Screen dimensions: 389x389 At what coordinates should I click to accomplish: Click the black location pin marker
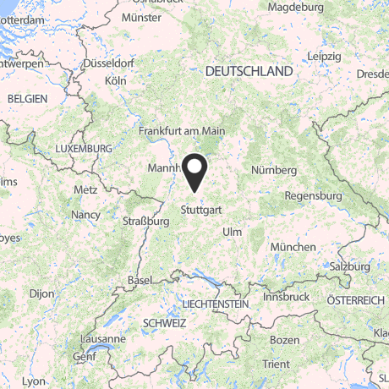coord(195,172)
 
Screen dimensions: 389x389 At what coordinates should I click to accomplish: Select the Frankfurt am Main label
coord(183,131)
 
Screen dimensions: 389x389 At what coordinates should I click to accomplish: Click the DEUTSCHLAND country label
coord(249,72)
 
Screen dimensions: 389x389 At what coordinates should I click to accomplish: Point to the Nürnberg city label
coord(274,169)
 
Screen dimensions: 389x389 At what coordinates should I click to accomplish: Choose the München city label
coord(293,246)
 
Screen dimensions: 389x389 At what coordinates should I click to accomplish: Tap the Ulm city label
coord(231,232)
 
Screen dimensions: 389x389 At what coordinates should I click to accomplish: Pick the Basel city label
coord(139,280)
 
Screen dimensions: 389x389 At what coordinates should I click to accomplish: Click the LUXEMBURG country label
coord(84,148)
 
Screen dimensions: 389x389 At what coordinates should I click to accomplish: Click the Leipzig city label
coord(324,56)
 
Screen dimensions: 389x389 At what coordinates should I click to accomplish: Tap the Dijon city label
coord(41,293)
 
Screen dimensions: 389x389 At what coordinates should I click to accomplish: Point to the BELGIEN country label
coord(28,99)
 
